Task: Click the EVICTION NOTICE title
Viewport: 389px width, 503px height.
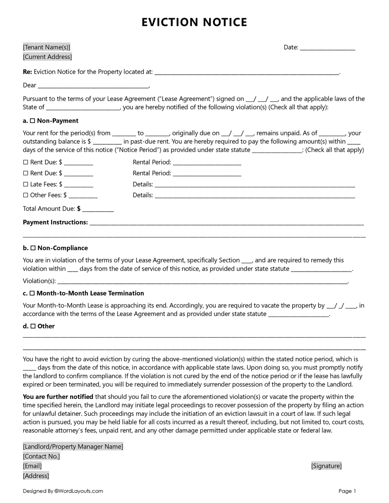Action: click(194, 22)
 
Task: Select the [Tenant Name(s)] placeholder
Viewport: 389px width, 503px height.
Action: click(46, 47)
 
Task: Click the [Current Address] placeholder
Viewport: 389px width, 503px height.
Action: click(47, 57)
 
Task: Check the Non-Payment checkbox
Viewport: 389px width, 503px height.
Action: click(32, 121)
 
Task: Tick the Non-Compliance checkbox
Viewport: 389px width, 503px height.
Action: click(32, 248)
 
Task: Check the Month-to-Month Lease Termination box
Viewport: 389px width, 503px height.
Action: click(32, 294)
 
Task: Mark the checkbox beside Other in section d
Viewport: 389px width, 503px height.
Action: click(33, 326)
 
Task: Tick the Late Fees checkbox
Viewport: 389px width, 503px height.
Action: click(25, 184)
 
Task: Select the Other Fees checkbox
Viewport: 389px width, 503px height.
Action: click(25, 195)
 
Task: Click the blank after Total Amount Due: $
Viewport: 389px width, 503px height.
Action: click(98, 209)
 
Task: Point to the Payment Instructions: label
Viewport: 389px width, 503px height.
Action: click(55, 222)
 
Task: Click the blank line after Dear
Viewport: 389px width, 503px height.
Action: click(93, 85)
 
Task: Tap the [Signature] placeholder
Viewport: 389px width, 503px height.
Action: click(326, 466)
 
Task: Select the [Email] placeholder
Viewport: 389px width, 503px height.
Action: click(32, 466)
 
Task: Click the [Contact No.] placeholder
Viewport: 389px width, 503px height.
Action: click(41, 456)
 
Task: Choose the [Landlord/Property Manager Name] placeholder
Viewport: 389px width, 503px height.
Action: click(73, 446)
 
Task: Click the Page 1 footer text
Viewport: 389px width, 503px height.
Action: click(347, 491)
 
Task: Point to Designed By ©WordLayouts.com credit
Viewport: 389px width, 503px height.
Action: click(63, 491)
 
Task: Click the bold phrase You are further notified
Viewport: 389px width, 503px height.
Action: click(58, 397)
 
